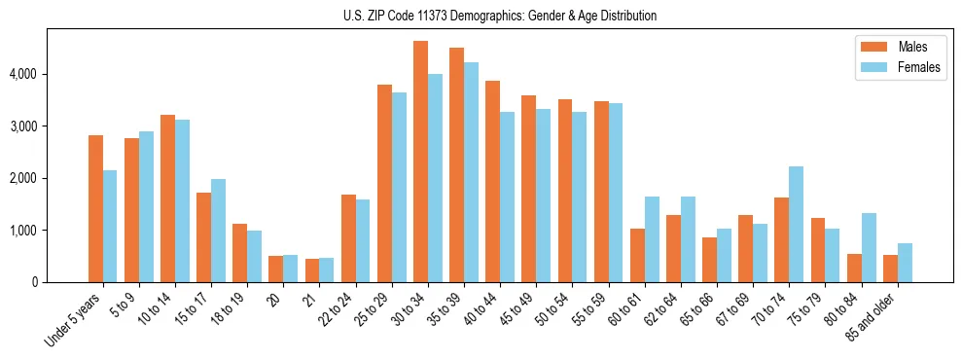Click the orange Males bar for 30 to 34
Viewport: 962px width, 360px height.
420,162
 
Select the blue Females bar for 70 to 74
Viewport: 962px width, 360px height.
796,225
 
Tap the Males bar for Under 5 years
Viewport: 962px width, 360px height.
95,209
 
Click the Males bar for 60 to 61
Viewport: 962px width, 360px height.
637,256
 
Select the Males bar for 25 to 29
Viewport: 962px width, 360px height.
384,184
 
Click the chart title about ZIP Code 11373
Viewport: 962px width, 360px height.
500,16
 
